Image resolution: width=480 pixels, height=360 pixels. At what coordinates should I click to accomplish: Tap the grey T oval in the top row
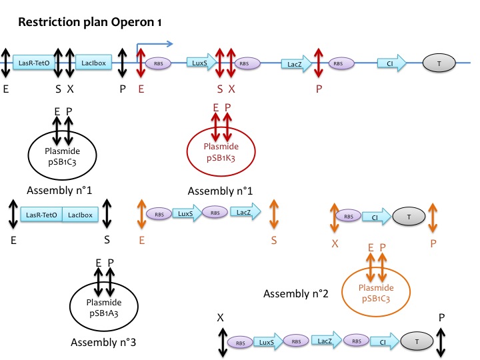tap(438, 63)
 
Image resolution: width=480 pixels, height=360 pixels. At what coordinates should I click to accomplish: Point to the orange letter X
tap(335, 244)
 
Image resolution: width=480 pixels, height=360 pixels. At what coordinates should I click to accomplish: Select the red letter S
tap(220, 87)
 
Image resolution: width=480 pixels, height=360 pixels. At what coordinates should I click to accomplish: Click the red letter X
tap(232, 87)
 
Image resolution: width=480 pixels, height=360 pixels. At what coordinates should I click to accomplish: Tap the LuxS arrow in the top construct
tap(199, 63)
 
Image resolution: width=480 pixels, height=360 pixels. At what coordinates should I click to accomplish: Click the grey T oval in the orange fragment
tap(406, 217)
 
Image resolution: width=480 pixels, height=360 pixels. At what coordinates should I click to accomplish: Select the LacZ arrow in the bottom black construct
tap(325, 342)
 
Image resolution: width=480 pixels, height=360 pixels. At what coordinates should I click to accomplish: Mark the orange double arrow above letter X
tap(335, 217)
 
